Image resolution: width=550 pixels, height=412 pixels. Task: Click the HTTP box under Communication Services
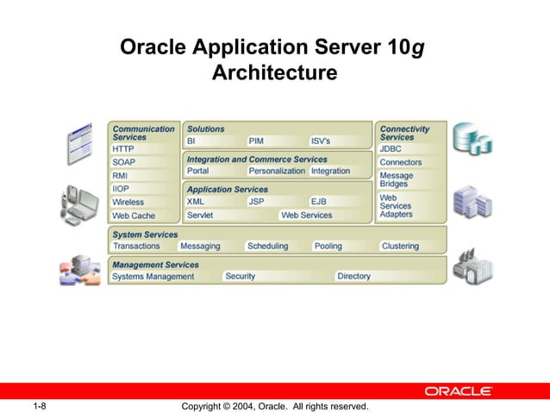[x=143, y=149]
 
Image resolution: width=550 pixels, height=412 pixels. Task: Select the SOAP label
[x=143, y=162]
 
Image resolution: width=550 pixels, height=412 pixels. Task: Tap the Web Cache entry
[x=143, y=215]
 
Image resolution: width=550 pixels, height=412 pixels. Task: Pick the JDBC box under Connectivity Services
[x=410, y=149]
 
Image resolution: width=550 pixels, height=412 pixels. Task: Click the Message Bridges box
[x=410, y=179]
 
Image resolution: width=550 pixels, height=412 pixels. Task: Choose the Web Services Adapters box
[x=410, y=205]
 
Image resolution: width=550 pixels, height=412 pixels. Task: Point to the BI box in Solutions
[x=212, y=141]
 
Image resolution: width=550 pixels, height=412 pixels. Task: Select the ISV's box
[x=340, y=141]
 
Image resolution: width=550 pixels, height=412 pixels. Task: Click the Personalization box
[x=277, y=171]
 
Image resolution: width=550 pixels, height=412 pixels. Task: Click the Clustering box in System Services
[x=410, y=246]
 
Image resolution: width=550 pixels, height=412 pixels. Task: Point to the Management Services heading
[x=155, y=265]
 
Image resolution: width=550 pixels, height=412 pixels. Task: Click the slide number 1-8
[x=39, y=406]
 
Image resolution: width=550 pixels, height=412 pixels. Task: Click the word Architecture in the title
[x=274, y=72]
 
